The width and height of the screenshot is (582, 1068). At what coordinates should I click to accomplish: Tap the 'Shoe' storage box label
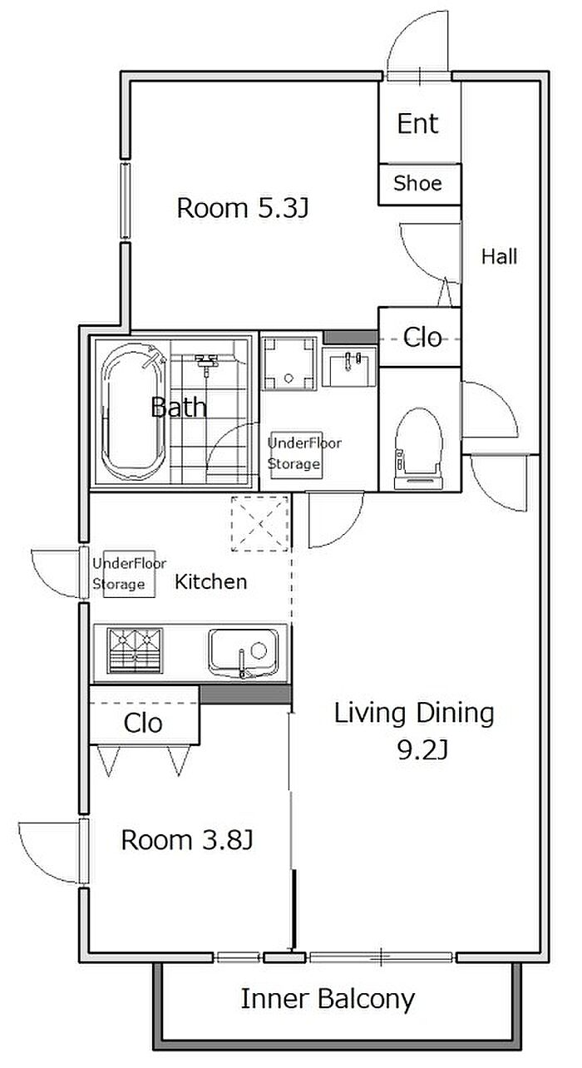417,183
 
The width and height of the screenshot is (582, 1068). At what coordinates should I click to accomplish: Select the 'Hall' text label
499,256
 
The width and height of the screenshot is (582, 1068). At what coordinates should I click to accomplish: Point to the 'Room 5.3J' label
243,208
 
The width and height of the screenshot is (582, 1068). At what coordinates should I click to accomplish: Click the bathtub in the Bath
134,412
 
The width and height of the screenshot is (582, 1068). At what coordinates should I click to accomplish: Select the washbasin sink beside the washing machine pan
348,367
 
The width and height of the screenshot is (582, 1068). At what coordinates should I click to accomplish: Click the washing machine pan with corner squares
289,363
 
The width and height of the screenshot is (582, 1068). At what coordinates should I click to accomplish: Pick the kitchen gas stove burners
135,650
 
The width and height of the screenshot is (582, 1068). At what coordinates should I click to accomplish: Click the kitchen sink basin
244,653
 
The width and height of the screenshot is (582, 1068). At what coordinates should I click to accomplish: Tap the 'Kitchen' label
210,581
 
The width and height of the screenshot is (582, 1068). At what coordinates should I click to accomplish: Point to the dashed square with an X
260,523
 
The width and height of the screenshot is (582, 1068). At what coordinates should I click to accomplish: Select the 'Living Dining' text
414,714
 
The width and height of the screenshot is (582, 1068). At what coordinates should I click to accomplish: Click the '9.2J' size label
422,752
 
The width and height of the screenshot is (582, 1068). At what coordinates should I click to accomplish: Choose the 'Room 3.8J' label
186,839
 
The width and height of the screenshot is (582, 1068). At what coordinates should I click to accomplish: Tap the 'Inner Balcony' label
328,999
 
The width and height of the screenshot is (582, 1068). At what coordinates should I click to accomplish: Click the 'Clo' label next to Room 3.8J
143,723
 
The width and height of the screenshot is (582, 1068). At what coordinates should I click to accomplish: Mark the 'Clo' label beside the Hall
422,338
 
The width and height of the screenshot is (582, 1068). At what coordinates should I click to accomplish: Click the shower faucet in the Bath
206,361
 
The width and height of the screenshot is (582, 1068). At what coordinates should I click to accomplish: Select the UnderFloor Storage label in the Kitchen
129,574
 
